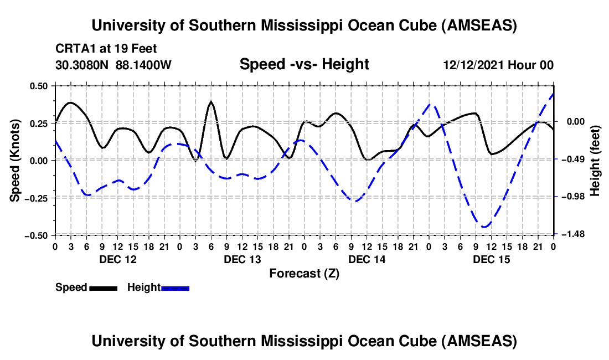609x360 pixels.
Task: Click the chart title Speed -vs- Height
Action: pyautogui.click(x=304, y=64)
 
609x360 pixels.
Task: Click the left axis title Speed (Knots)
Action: pyautogui.click(x=16, y=161)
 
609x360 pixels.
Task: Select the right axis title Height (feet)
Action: pyautogui.click(x=595, y=161)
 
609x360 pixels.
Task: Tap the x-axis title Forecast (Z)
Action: pyautogui.click(x=304, y=273)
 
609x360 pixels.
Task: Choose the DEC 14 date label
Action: pyautogui.click(x=367, y=259)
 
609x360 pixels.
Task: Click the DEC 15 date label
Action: pyautogui.click(x=491, y=259)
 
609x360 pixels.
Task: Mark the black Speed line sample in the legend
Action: pyautogui.click(x=103, y=288)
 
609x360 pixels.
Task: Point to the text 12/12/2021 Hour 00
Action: pyautogui.click(x=498, y=65)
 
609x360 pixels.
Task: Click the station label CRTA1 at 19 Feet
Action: pyautogui.click(x=99, y=49)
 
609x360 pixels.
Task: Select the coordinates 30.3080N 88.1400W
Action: pyautogui.click(x=113, y=65)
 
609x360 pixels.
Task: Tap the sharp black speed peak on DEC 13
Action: pyautogui.click(x=211, y=102)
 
